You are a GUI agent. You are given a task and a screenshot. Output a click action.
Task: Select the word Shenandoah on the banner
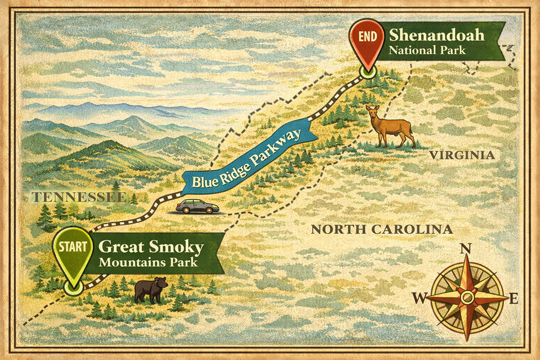(x=436, y=37)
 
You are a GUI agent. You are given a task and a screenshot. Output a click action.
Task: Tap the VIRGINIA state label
(x=462, y=155)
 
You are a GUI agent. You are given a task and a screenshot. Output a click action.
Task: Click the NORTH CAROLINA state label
(x=381, y=229)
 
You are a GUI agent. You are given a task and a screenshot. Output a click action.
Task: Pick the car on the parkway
(x=197, y=206)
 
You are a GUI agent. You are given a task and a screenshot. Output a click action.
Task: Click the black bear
(x=151, y=289)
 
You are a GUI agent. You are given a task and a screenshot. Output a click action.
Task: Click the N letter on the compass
(x=465, y=249)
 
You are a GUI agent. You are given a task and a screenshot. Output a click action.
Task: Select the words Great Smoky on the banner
(x=151, y=248)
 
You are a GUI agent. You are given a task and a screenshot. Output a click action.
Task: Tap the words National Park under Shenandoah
(x=421, y=51)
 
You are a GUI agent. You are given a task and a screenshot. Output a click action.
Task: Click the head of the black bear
(x=161, y=283)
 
